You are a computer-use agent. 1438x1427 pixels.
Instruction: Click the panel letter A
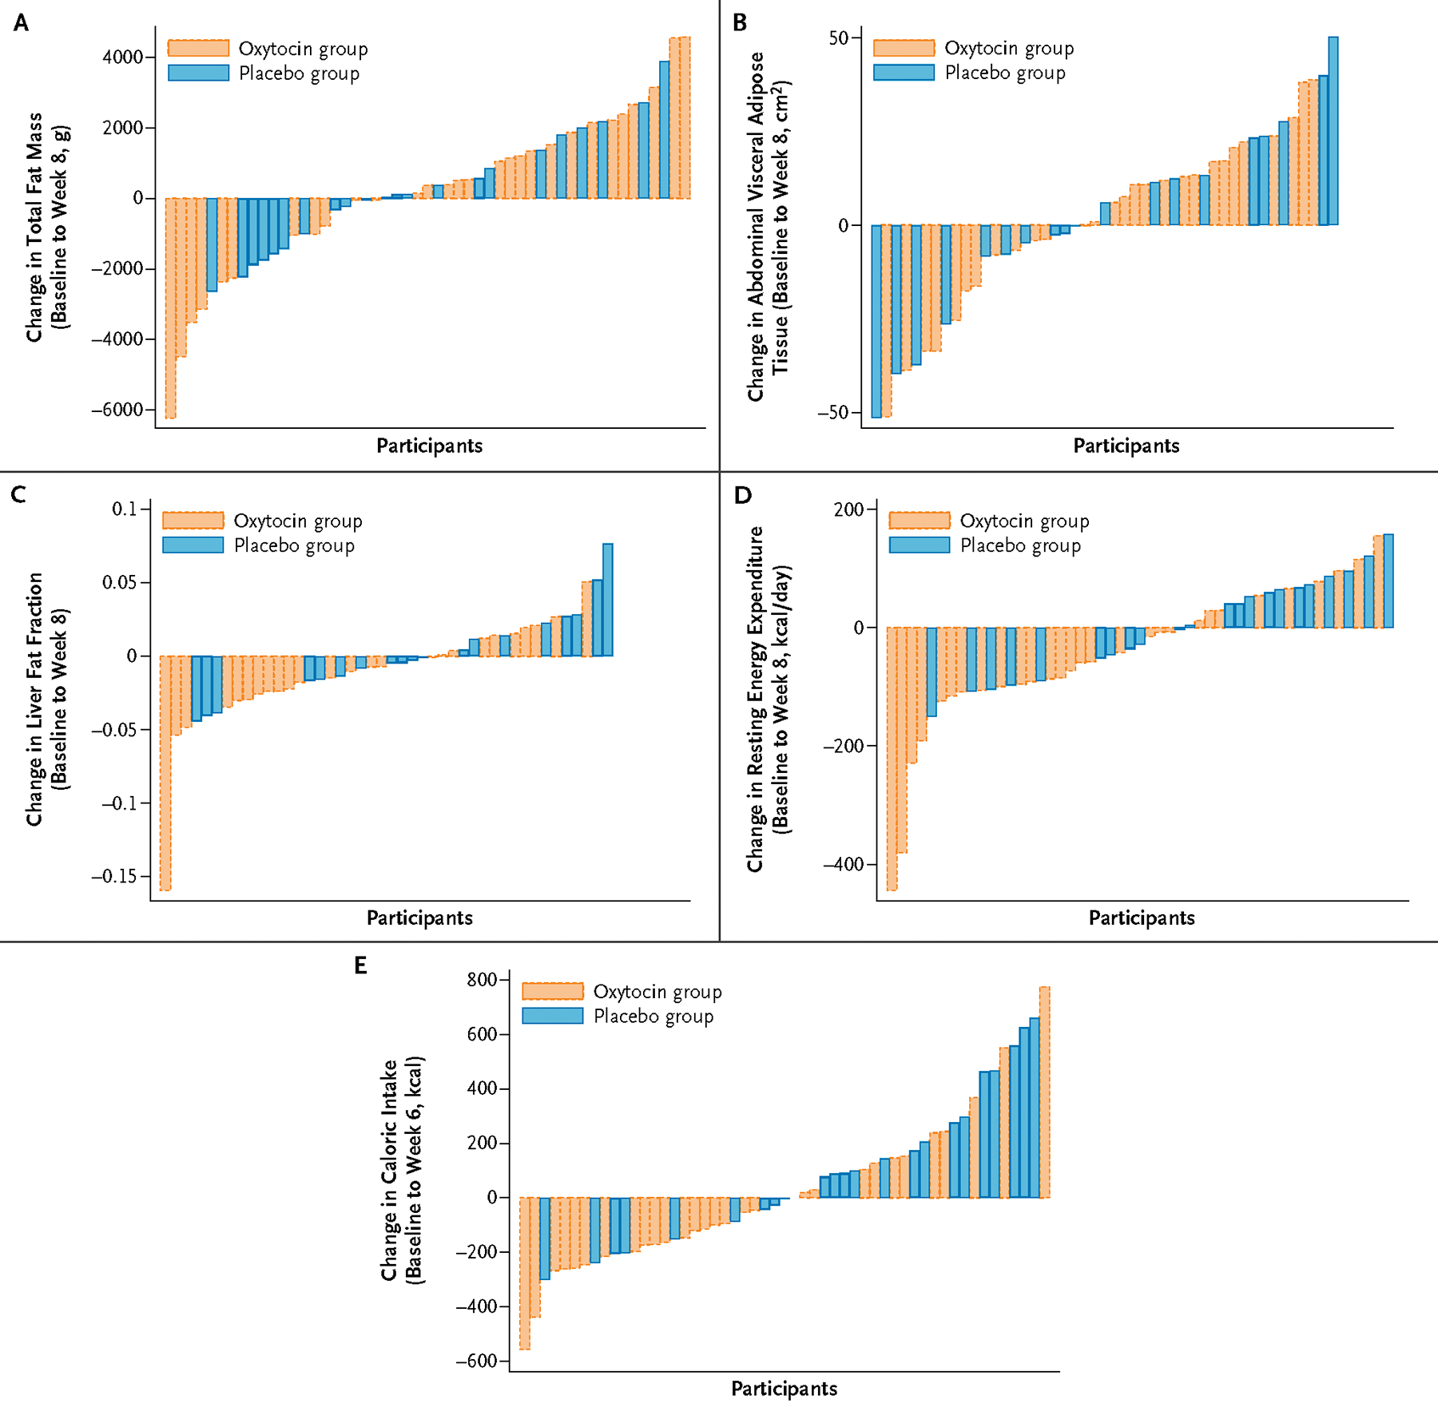point(21,23)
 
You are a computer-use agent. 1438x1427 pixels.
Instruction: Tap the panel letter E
point(360,966)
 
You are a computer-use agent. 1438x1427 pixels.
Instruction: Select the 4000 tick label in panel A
point(122,57)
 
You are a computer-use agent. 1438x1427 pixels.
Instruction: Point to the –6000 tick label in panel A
point(117,410)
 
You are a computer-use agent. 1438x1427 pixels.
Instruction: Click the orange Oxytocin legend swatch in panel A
point(198,49)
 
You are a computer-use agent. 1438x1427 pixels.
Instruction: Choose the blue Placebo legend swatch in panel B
point(904,73)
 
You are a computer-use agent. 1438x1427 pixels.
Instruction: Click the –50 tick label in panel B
point(832,413)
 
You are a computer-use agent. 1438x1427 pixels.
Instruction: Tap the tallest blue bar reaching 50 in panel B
point(1333,131)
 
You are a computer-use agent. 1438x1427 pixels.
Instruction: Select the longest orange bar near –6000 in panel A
point(170,307)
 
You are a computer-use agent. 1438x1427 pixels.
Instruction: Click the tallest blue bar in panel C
point(608,600)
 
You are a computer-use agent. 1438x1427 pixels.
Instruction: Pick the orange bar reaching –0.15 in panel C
point(165,772)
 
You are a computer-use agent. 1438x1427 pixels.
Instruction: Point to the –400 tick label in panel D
point(844,864)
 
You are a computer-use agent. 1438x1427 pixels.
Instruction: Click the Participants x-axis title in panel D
point(1142,918)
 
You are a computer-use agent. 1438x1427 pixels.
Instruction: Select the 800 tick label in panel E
point(482,980)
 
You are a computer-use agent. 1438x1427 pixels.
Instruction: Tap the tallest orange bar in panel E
point(1044,1092)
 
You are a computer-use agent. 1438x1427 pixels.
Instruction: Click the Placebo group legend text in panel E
point(653,1017)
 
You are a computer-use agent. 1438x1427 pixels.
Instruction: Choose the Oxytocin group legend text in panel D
point(1024,521)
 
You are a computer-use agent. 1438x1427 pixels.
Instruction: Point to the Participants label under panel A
point(430,446)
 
